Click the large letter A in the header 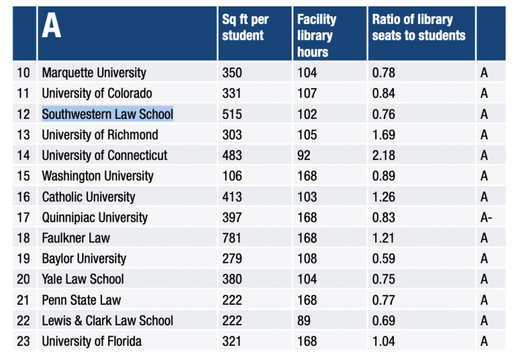pyautogui.click(x=51, y=26)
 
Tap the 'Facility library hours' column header pyautogui.click(x=317, y=35)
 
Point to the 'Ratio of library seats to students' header pyautogui.click(x=418, y=27)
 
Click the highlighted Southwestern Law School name pyautogui.click(x=107, y=114)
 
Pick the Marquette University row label pyautogui.click(x=94, y=73)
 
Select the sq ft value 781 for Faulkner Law pyautogui.click(x=232, y=239)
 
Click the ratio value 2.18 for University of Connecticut pyautogui.click(x=384, y=156)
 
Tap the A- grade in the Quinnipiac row pyautogui.click(x=486, y=218)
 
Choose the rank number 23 pyautogui.click(x=23, y=341)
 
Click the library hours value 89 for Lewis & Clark pyautogui.click(x=304, y=321)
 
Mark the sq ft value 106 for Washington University pyautogui.click(x=232, y=176)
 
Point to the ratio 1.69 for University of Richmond pyautogui.click(x=384, y=135)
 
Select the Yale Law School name pyautogui.click(x=83, y=280)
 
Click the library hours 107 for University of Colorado pyautogui.click(x=307, y=94)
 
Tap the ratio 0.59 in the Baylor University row pyautogui.click(x=384, y=259)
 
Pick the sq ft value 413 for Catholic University pyautogui.click(x=232, y=197)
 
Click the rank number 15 pyautogui.click(x=23, y=176)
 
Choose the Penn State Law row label pyautogui.click(x=81, y=300)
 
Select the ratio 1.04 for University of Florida pyautogui.click(x=384, y=341)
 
